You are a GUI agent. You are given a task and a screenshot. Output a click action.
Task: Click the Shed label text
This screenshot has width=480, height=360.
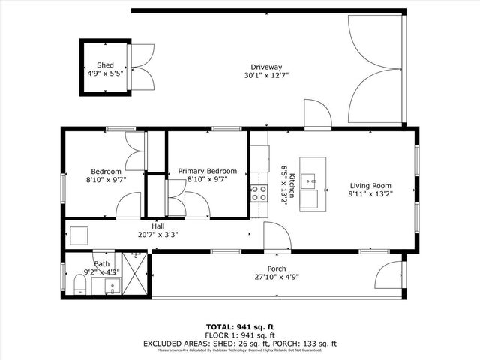[x=105, y=65]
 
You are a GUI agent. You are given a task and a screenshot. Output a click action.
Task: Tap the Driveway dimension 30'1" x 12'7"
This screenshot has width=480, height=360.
[x=265, y=75]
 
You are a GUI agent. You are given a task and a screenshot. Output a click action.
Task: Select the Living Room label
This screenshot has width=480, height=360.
[x=370, y=186]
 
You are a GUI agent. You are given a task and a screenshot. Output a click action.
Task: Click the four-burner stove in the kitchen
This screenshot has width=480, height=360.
[x=259, y=193]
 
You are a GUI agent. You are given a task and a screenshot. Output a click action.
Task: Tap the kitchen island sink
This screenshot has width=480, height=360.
[x=313, y=181]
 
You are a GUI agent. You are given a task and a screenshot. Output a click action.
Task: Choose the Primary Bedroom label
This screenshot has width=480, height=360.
[x=207, y=171]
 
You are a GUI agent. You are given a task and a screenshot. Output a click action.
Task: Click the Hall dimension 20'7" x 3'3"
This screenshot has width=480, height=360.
[x=157, y=234]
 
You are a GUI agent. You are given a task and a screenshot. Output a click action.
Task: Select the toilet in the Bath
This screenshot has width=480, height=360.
[x=79, y=283]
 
